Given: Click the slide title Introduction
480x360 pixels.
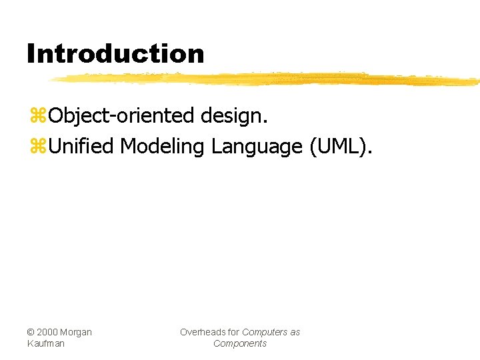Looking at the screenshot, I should (x=115, y=53).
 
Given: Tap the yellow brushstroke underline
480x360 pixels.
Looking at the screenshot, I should (x=267, y=79).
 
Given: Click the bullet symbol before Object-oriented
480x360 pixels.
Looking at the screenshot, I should (x=37, y=117).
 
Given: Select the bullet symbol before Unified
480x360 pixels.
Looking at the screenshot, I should (x=37, y=147).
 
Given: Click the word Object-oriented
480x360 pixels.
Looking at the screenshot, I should (x=121, y=116).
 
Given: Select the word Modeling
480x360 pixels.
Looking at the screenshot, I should (x=163, y=146).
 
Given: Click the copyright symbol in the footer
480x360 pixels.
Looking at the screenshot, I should (x=31, y=332).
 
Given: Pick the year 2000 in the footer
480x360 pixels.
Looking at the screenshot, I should (x=47, y=332).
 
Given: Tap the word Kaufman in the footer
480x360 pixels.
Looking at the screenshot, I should (x=46, y=343).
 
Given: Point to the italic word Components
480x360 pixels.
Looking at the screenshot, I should (x=239, y=343).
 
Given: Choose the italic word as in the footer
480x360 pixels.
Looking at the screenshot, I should (x=295, y=332).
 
